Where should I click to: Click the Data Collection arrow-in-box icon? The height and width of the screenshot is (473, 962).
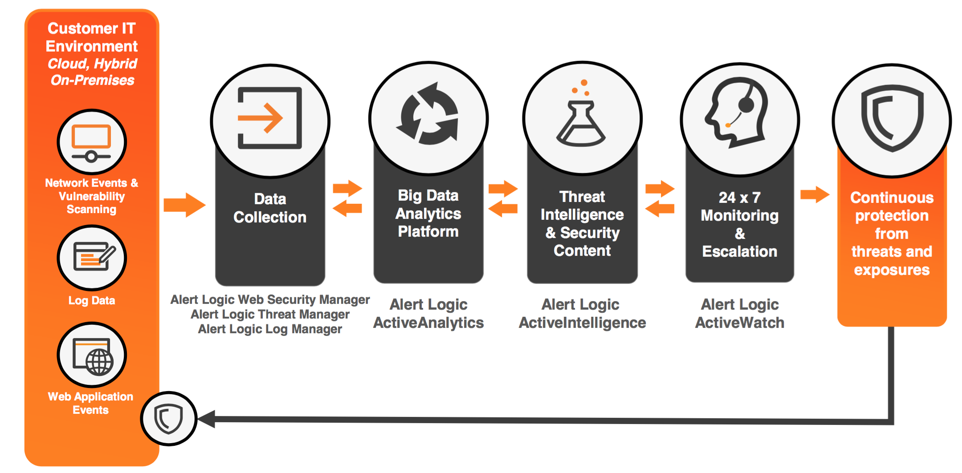(269, 118)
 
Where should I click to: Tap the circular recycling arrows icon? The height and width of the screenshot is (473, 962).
(428, 114)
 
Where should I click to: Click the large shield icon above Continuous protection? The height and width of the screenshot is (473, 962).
(892, 118)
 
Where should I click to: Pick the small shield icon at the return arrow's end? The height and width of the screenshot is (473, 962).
(168, 419)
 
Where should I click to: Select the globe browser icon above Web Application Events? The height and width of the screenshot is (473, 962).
(93, 356)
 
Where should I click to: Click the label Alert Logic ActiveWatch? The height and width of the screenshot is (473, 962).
(740, 314)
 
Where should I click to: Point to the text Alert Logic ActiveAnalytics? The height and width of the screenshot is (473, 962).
(428, 314)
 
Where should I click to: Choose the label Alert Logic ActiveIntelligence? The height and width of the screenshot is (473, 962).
(582, 314)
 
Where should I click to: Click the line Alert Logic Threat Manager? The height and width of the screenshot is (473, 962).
(270, 315)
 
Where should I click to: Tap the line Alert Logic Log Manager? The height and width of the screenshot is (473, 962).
(270, 329)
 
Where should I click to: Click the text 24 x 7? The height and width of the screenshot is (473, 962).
(740, 197)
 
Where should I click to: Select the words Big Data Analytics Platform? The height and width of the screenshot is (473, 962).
(428, 214)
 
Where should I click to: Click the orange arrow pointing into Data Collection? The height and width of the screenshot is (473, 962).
(184, 205)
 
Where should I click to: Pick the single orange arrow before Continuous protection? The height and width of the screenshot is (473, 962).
(815, 194)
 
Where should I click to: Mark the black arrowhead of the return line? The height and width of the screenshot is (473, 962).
(207, 419)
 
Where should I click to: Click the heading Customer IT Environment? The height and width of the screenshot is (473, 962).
(92, 37)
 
